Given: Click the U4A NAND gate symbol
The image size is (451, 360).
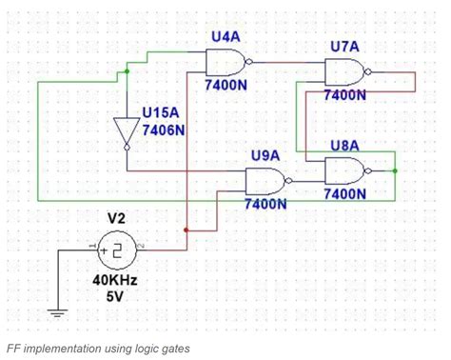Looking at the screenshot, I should [226, 63].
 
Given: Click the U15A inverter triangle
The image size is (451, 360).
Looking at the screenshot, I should [127, 130].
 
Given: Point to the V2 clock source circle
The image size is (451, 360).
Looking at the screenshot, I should [116, 250].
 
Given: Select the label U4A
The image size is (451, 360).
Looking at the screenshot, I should [225, 35].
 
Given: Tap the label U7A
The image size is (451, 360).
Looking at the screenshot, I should [345, 46].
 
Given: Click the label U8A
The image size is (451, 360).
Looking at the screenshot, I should [344, 145].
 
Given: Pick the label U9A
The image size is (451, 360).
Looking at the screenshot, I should [265, 154].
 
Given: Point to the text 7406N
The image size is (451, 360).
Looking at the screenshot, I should [163, 130].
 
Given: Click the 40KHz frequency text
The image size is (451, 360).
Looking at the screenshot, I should [115, 281].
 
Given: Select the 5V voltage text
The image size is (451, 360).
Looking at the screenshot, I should [115, 296].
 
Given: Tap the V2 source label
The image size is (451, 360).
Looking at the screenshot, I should [115, 218].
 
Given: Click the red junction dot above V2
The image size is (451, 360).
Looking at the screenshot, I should [186, 230].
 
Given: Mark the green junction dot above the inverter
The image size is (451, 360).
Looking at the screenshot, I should [127, 71].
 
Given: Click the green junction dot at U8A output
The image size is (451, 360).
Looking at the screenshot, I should [394, 170].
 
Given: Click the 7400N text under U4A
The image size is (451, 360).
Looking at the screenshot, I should [226, 87].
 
